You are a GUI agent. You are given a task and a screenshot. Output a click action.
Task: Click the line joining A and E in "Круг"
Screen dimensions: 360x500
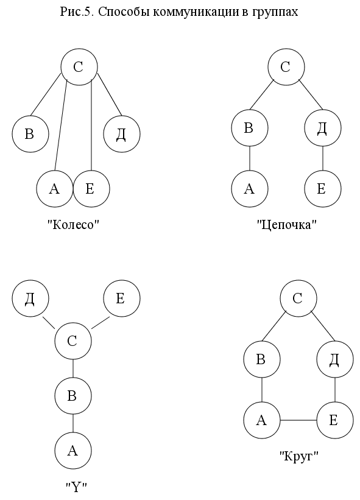point(298,420)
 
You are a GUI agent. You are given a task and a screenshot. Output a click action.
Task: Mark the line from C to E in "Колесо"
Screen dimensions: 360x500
point(91,125)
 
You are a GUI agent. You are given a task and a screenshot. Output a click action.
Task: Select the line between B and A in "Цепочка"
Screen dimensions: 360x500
point(250,158)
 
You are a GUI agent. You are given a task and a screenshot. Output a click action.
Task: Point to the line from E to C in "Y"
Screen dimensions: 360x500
point(101,322)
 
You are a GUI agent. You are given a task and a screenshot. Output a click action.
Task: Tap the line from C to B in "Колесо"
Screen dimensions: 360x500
point(45,94)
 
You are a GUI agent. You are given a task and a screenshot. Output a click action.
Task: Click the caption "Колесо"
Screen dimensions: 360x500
point(74,225)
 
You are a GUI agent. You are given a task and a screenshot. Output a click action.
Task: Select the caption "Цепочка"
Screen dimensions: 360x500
point(287,225)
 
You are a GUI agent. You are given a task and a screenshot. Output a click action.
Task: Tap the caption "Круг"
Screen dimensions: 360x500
point(298,457)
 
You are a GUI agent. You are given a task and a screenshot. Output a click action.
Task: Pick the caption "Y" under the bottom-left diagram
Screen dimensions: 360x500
point(76,487)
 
